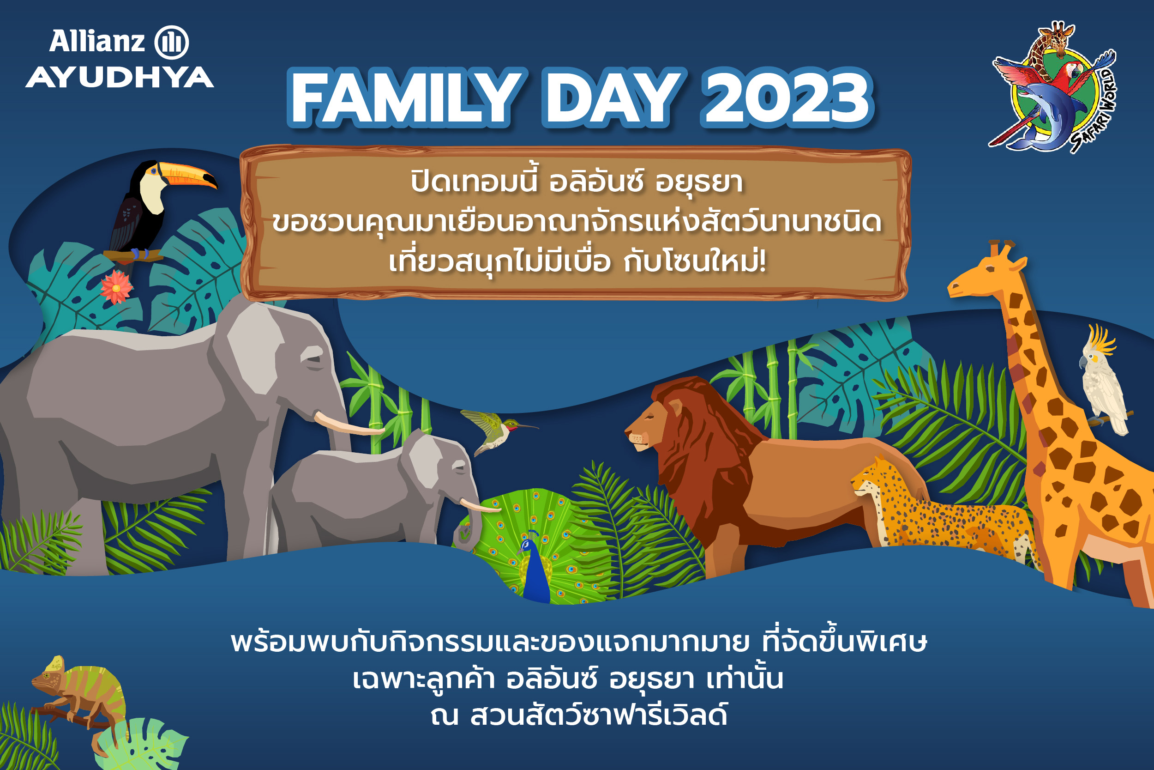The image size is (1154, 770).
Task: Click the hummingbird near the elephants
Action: pos(496,430)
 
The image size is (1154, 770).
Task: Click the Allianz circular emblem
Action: pos(171,42)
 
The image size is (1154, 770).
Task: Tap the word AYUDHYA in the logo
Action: pos(120,77)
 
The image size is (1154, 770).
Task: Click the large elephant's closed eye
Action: pos(313,359)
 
